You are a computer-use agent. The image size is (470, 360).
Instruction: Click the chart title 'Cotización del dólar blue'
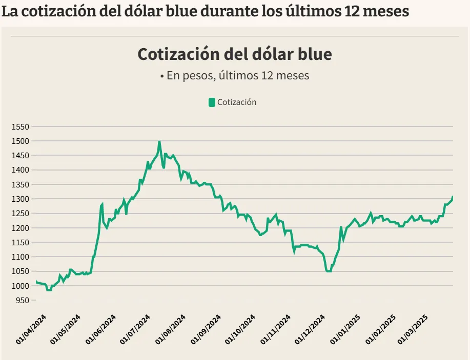click(x=235, y=54)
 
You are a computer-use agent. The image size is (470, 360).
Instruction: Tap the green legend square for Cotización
click(x=212, y=102)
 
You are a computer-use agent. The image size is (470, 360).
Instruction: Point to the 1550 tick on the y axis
click(x=22, y=126)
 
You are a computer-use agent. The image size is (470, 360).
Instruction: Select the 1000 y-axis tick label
click(x=22, y=286)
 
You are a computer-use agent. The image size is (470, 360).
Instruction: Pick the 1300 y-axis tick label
click(x=22, y=199)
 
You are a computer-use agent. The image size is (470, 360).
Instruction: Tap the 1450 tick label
click(x=22, y=155)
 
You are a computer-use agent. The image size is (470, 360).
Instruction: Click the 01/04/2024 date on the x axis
click(x=31, y=329)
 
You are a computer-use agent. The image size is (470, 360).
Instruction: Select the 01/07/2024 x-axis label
click(x=136, y=329)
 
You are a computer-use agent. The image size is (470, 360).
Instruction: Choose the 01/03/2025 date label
click(x=414, y=329)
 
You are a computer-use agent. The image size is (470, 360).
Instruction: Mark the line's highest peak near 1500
click(x=159, y=142)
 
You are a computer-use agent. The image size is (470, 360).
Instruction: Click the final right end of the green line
click(x=453, y=197)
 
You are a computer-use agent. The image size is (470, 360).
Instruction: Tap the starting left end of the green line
click(x=36, y=281)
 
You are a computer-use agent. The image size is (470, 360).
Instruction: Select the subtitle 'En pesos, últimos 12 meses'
click(x=235, y=76)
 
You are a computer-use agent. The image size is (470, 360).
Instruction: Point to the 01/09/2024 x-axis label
click(x=206, y=329)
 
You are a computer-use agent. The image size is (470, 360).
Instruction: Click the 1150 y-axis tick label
click(x=22, y=242)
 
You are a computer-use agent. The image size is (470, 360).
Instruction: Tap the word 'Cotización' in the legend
click(x=237, y=102)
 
